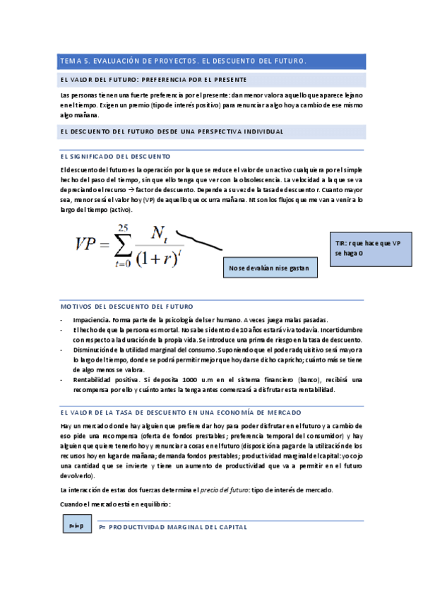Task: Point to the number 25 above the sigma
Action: coord(124,226)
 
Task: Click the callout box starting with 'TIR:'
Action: coord(367,248)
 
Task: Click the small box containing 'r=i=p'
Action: coord(76,526)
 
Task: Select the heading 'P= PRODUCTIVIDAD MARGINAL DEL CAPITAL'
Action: coord(172,527)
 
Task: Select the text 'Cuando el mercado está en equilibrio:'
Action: coord(116,504)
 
